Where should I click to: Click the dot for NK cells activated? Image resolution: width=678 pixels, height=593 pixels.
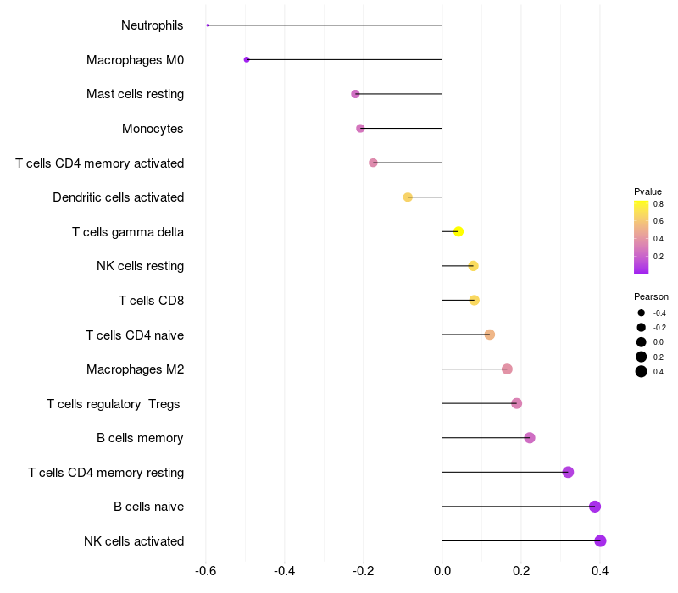click(600, 540)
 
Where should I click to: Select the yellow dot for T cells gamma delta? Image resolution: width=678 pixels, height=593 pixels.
click(458, 231)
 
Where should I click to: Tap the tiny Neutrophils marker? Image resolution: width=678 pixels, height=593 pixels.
click(208, 25)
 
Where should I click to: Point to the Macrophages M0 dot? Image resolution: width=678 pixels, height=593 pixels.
click(247, 59)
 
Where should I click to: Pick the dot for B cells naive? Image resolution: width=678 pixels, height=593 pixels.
click(595, 507)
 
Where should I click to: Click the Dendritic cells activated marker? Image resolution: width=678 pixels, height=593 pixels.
click(408, 197)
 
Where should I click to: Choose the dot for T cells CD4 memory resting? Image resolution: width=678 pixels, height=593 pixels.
click(568, 472)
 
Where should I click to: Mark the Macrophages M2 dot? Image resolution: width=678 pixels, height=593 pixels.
click(507, 369)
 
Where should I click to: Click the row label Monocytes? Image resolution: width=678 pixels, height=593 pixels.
click(153, 129)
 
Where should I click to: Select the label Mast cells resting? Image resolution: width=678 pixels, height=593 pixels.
click(135, 94)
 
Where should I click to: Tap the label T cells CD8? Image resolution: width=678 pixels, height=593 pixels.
click(151, 301)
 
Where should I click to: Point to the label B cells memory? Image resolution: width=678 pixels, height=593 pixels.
click(140, 438)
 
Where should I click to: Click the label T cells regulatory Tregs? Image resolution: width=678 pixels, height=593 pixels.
click(114, 404)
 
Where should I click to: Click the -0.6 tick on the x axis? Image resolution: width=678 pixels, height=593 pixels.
click(206, 571)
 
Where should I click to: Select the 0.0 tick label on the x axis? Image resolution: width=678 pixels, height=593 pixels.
click(442, 571)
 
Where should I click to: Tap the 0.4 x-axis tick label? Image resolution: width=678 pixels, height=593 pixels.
click(600, 571)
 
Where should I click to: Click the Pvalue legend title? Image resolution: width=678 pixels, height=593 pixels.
click(647, 191)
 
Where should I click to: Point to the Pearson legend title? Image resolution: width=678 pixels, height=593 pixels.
click(651, 296)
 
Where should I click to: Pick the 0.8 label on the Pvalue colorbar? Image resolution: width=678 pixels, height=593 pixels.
click(659, 204)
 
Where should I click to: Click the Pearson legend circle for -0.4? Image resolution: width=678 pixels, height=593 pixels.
click(642, 313)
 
